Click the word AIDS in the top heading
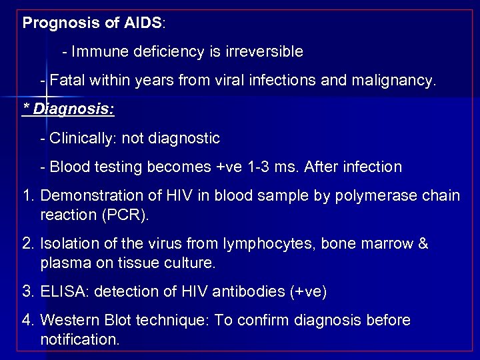click(142, 23)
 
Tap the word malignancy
click(399, 81)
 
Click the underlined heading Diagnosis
click(73, 108)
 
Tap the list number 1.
click(28, 195)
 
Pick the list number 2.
click(28, 244)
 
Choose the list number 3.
click(28, 292)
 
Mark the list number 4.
click(28, 321)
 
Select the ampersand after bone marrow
click(422, 244)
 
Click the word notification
click(79, 339)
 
